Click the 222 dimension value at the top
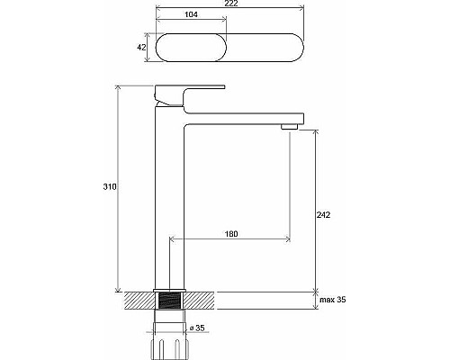click(230, 4)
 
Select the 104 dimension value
click(191, 14)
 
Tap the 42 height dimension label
click(141, 47)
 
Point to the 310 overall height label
click(110, 186)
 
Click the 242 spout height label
click(323, 215)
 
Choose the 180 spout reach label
click(231, 234)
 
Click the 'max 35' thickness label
click(333, 300)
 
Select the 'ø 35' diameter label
click(197, 328)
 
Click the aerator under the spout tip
click(289, 126)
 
